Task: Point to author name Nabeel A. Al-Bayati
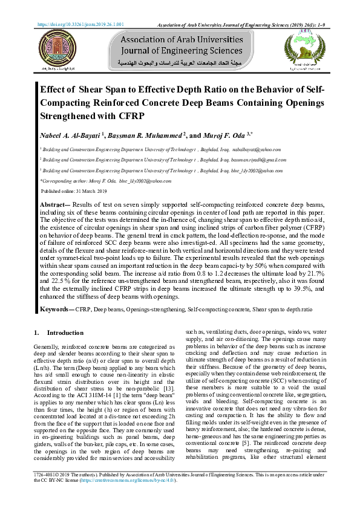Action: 69,135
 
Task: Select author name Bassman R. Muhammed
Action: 148,135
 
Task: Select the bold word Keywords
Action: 56,309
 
